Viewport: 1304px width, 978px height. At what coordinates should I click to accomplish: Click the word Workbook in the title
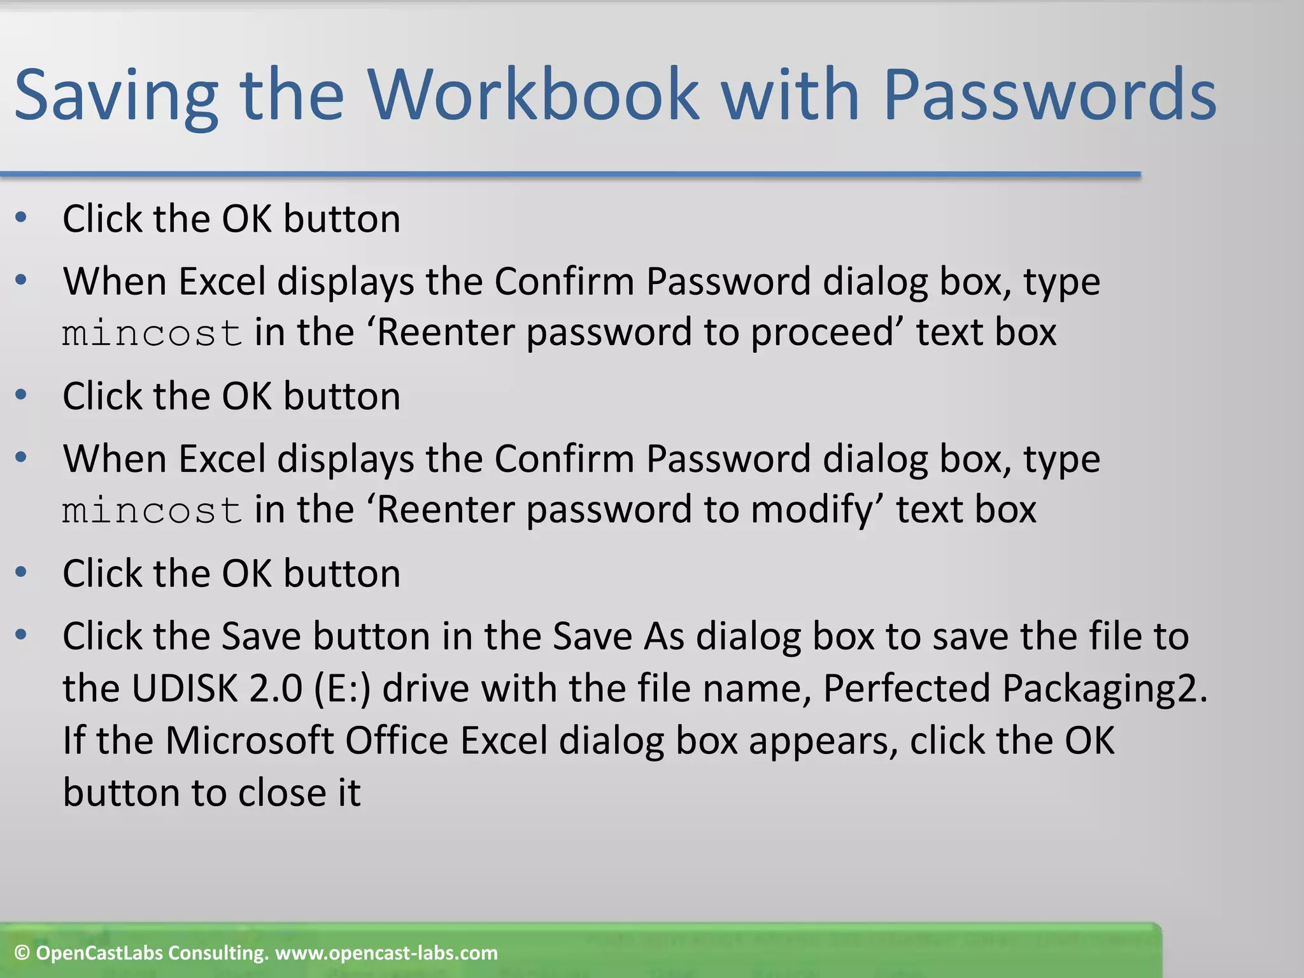(x=534, y=96)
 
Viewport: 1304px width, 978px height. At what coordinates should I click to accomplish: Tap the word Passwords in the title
(x=1049, y=96)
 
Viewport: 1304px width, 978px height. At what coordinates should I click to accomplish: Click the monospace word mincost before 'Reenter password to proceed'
(x=152, y=334)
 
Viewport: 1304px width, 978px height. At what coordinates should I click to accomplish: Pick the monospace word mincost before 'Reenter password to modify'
(x=152, y=511)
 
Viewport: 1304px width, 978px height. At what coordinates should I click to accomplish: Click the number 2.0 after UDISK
(x=276, y=688)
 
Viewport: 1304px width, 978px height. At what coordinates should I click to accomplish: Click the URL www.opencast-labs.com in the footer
(x=386, y=953)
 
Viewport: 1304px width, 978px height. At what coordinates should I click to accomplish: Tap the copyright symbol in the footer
(x=22, y=953)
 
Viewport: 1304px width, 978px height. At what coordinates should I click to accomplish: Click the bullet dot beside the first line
(x=21, y=218)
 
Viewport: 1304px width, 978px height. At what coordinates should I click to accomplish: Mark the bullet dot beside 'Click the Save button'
(x=21, y=635)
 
